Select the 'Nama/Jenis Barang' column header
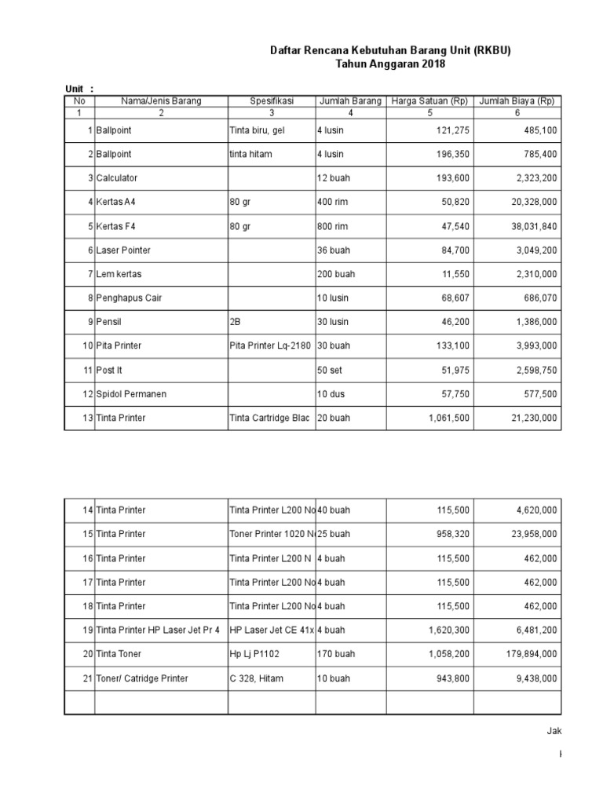[x=161, y=101]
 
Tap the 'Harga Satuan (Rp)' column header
[x=429, y=101]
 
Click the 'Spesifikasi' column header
[x=272, y=101]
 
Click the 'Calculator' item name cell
[x=119, y=178]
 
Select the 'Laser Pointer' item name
[x=123, y=250]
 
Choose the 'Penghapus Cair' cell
[x=129, y=298]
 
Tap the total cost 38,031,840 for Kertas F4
[x=528, y=226]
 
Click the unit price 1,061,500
[x=449, y=418]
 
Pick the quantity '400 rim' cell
[x=334, y=202]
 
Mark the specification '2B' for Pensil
[x=236, y=322]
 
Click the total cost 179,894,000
[x=526, y=654]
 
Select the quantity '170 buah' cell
[x=336, y=654]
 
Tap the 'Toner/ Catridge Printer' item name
[x=142, y=678]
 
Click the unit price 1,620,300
[x=449, y=630]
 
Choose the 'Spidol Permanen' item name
[x=131, y=393]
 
